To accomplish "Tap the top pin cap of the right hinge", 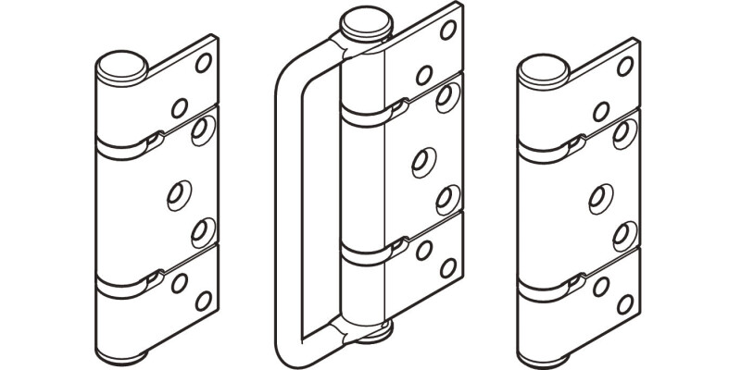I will [542, 66].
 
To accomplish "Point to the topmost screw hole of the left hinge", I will [204, 64].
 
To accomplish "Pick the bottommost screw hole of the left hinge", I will [203, 301].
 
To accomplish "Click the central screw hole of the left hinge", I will [175, 192].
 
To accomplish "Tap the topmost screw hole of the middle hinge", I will [447, 30].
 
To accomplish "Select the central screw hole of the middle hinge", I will [421, 160].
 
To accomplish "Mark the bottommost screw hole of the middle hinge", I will [449, 268].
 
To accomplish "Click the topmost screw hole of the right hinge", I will [626, 64].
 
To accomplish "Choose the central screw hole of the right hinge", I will [597, 193].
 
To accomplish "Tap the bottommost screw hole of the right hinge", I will [625, 302].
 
